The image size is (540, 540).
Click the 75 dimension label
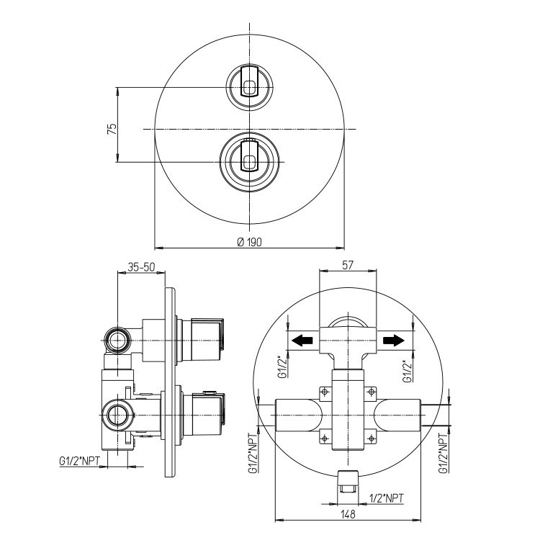pos(112,129)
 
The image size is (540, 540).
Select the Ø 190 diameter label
pos(250,242)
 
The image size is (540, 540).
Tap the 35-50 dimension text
pos(142,267)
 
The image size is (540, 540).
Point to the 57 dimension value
pos(348,265)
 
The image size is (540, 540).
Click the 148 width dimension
pos(348,514)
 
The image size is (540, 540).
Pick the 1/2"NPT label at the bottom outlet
pos(386,498)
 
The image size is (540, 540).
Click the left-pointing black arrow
pos(302,341)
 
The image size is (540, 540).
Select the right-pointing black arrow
pos(394,341)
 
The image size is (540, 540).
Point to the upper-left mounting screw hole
pos(325,392)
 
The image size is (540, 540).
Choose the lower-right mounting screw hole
pos(372,438)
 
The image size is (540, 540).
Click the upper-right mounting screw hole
pos(372,392)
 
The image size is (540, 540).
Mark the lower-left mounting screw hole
pos(325,438)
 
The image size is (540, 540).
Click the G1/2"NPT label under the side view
pos(79,461)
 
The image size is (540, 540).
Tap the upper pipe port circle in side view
pos(118,341)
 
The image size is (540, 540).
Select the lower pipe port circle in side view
pos(118,415)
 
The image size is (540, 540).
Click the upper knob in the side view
pos(202,340)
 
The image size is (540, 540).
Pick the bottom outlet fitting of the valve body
pos(348,482)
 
